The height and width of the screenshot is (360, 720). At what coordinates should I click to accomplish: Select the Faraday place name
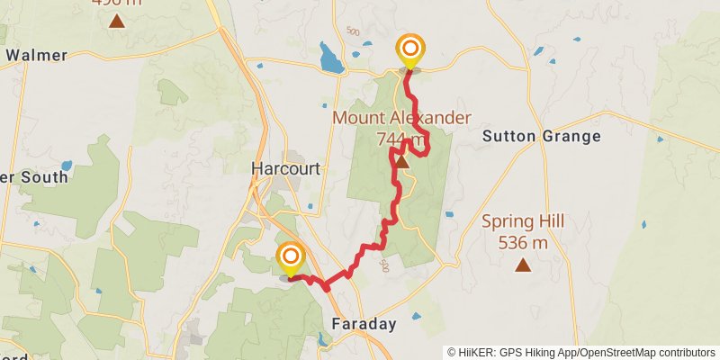tap(364, 324)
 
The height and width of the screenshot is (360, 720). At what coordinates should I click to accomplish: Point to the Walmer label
tap(36, 56)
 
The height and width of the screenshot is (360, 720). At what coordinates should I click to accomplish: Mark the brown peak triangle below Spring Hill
tap(522, 265)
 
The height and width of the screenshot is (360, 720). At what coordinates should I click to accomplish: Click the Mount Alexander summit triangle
tap(402, 163)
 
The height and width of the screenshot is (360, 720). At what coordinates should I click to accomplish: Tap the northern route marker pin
tap(410, 49)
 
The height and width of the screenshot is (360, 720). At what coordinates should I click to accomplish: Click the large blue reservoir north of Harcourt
tap(331, 60)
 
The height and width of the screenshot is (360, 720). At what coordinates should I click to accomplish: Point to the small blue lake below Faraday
tap(323, 340)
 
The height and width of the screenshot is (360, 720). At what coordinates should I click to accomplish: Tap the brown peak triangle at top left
tap(116, 20)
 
